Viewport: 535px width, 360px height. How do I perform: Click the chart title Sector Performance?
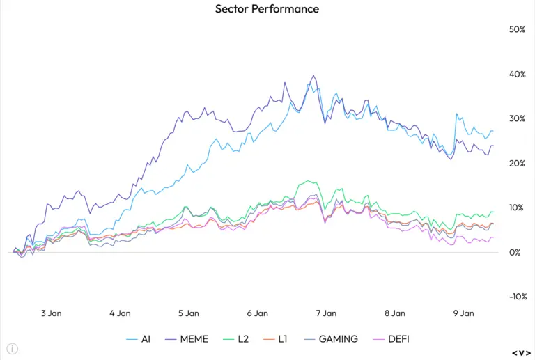pos(267,9)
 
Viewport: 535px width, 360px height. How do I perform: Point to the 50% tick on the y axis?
pos(517,30)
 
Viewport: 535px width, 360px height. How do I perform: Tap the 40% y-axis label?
pos(517,75)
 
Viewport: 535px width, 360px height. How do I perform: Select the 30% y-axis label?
pos(517,119)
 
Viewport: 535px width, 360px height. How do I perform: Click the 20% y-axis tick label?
pos(517,164)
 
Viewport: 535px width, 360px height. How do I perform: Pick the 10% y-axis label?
pos(517,208)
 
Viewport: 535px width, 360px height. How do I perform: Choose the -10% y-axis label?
pos(515,297)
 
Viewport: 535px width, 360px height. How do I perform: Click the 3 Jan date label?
pos(51,314)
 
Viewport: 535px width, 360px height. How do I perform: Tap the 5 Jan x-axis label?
pos(189,314)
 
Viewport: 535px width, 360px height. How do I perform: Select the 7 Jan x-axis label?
pos(326,314)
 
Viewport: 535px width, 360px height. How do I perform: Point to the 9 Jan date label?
pos(464,314)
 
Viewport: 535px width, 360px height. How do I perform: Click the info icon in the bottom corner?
pos(13,348)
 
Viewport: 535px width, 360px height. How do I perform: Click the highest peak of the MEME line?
pos(313,75)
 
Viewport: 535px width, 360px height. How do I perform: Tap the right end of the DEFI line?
pos(493,237)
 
